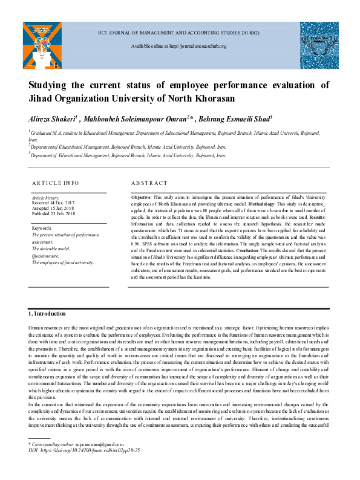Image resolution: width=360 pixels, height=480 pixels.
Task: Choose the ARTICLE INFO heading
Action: click(x=55, y=183)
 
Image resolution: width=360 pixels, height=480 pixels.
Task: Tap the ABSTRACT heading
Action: click(x=149, y=183)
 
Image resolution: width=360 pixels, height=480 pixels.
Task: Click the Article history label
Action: click(x=45, y=198)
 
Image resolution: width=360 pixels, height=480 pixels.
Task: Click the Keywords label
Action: click(x=42, y=229)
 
